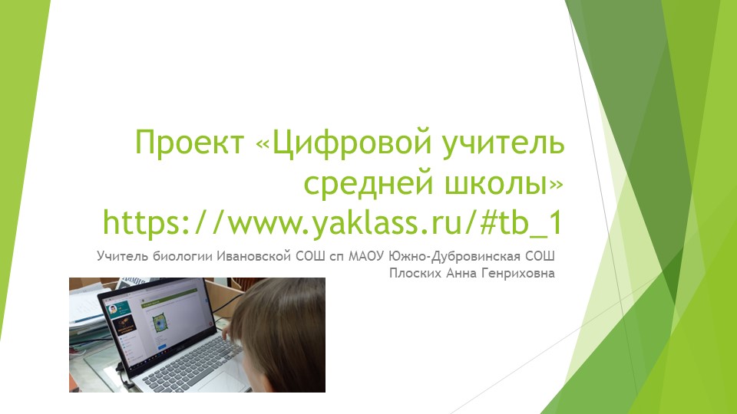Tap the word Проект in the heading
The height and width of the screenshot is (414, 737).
[x=190, y=143]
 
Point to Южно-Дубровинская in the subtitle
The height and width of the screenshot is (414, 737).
[x=454, y=256]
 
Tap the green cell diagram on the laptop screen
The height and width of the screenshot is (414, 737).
[x=160, y=324]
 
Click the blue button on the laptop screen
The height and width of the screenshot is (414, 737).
[x=162, y=347]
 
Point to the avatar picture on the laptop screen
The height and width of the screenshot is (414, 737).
[x=113, y=310]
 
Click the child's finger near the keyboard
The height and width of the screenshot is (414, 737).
[x=227, y=333]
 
